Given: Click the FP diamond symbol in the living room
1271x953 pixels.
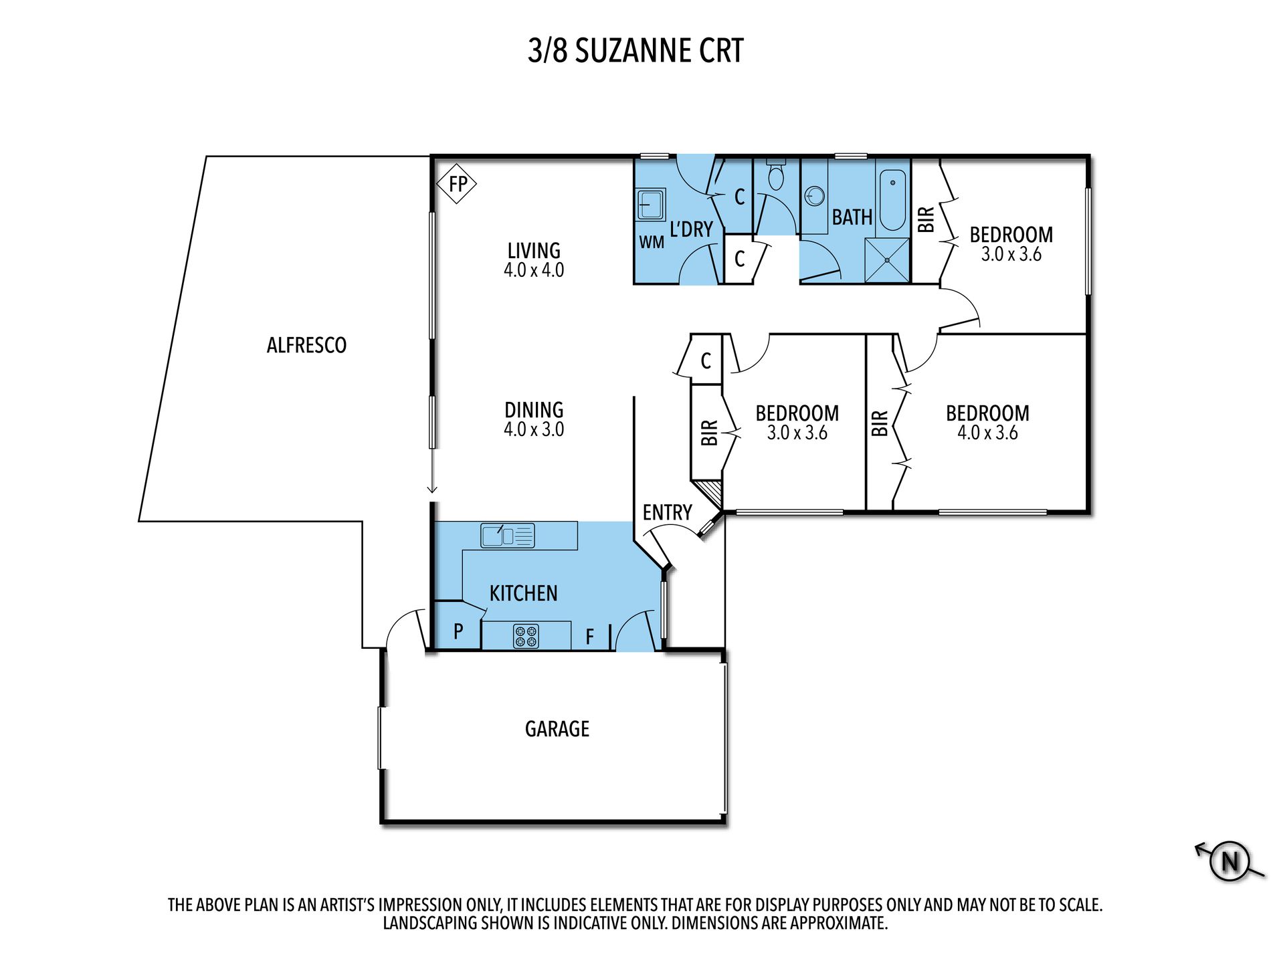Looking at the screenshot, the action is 457,183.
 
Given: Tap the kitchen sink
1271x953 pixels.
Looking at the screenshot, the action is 508,536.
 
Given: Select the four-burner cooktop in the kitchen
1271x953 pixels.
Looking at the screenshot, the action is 526,636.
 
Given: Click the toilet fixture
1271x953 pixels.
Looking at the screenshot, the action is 776,175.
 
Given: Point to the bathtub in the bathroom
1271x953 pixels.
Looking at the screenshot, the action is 892,200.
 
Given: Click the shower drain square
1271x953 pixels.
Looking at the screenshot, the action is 887,260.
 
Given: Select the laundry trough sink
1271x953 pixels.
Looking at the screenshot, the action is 650,204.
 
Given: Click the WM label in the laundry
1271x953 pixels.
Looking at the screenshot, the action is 652,242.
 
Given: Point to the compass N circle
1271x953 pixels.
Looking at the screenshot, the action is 1230,861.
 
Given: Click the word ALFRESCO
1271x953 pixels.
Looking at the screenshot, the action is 306,345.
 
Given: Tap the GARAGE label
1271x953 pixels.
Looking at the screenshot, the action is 557,729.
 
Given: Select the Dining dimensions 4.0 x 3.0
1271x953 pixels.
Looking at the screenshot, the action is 534,429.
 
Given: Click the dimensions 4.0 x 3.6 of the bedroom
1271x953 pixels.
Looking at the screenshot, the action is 987,433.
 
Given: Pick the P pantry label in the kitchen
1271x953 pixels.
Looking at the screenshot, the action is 458,631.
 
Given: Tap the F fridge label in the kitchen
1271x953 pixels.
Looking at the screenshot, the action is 589,637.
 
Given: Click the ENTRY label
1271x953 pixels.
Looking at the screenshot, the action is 667,512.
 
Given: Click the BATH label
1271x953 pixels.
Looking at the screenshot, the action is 852,217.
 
